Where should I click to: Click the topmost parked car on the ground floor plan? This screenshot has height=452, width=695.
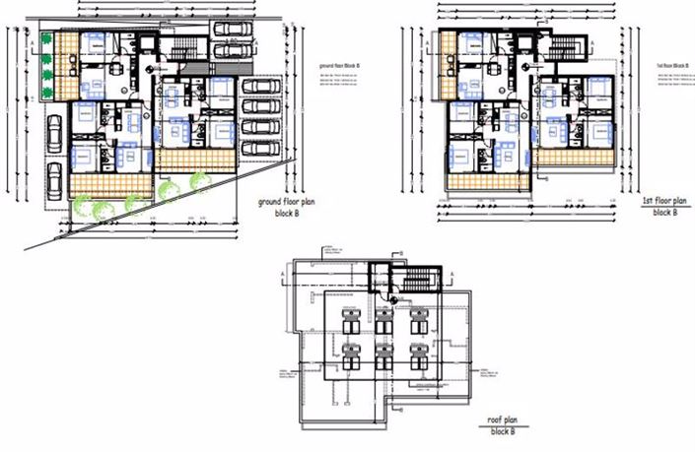click(231, 27)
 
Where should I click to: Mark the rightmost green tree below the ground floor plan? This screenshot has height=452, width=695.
click(200, 182)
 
